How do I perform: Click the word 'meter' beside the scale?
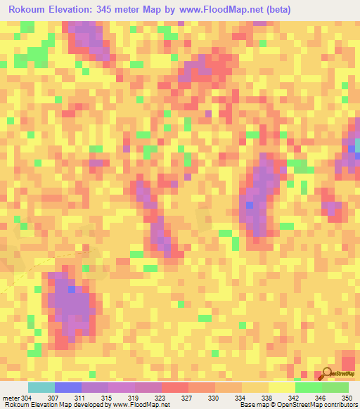click(10, 398)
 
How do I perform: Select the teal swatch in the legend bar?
click(41, 387)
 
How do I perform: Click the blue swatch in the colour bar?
click(67, 387)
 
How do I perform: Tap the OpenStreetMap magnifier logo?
click(327, 373)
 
